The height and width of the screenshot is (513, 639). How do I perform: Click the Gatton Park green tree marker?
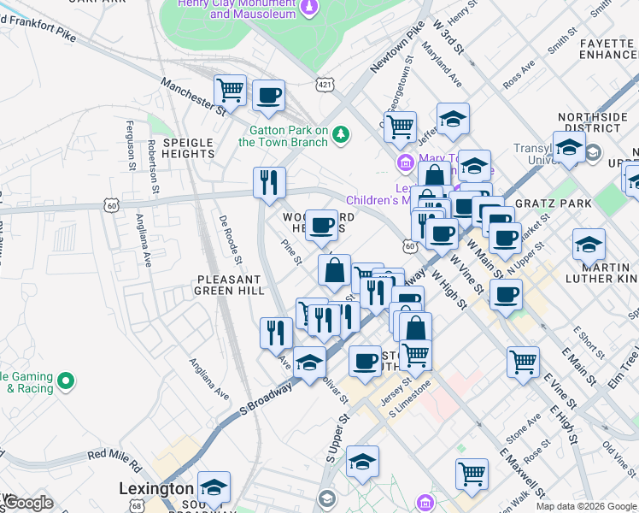pyautogui.click(x=341, y=134)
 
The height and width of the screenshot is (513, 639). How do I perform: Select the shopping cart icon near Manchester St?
pyautogui.click(x=231, y=89)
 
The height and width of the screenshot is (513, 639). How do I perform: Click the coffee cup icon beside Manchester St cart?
pyautogui.click(x=268, y=96)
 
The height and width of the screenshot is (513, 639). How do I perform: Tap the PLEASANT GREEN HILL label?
pyautogui.click(x=228, y=285)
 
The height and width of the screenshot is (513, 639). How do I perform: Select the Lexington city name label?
pyautogui.click(x=155, y=488)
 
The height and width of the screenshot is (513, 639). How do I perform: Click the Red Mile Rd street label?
pyautogui.click(x=114, y=459)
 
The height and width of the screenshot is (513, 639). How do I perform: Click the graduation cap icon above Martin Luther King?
pyautogui.click(x=589, y=245)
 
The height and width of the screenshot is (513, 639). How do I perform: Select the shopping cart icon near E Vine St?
pyautogui.click(x=523, y=360)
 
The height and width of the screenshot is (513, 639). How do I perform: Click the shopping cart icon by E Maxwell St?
pyautogui.click(x=472, y=473)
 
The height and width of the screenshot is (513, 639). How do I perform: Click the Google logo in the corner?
pyautogui.click(x=28, y=503)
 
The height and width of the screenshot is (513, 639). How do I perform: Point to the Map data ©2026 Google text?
pyautogui.click(x=585, y=506)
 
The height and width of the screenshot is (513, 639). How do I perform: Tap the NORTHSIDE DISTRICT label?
pyautogui.click(x=589, y=122)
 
